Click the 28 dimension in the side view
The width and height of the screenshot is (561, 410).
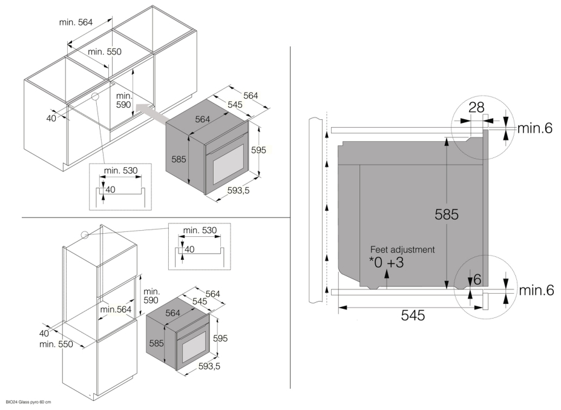click(476, 107)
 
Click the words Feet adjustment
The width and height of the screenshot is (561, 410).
click(402, 250)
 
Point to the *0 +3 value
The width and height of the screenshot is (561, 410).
click(386, 262)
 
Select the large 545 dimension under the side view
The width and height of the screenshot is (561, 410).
click(413, 315)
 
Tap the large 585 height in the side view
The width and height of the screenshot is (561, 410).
click(447, 214)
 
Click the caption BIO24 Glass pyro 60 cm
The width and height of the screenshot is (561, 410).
click(28, 402)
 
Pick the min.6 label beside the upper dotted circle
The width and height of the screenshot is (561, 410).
click(535, 128)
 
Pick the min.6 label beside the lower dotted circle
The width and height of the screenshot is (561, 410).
click(536, 290)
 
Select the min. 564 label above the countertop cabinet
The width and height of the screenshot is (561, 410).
click(76, 22)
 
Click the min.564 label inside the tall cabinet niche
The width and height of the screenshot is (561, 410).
click(116, 309)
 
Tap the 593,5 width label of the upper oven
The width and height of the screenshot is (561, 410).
click(238, 191)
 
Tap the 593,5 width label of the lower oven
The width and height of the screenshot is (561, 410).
click(209, 366)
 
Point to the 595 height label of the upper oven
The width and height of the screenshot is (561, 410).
click(258, 150)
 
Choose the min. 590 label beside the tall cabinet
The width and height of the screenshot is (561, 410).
click(151, 296)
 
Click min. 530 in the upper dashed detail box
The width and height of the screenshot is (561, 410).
click(120, 170)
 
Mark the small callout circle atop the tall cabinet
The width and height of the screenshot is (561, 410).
click(85, 235)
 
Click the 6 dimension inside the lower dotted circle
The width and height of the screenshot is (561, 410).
click(477, 280)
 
